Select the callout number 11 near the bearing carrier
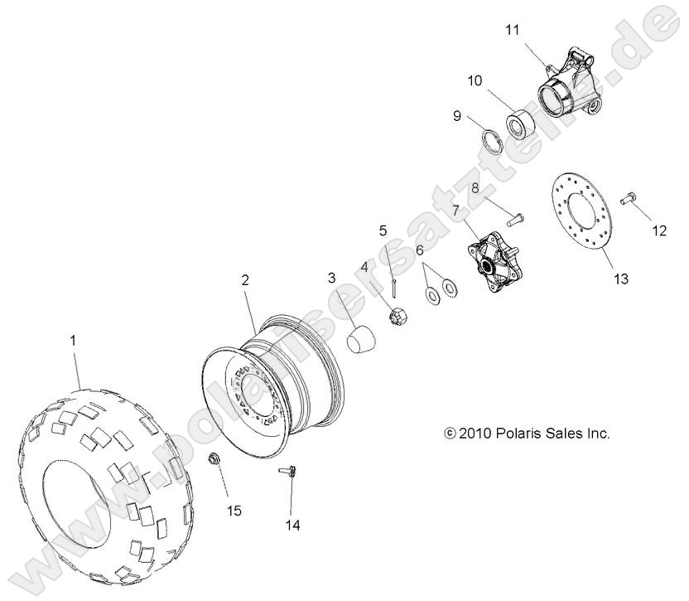coord(513,30)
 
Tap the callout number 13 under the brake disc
coord(619,279)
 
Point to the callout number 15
coord(234,511)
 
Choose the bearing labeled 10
coord(521,125)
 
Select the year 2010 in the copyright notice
coord(475,433)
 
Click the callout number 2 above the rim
coord(245,280)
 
